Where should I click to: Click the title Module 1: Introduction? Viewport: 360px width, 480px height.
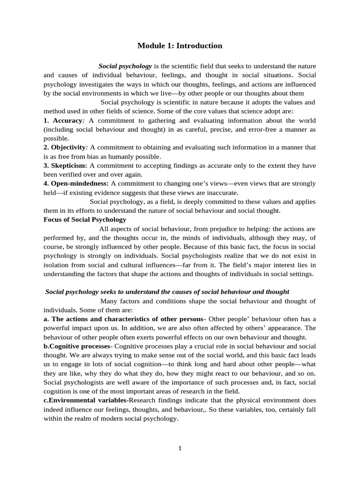coord(180,46)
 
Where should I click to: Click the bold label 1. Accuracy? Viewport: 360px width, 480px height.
coord(62,120)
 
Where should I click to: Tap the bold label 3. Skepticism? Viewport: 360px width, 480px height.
coord(66,165)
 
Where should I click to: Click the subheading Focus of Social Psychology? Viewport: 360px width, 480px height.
coord(85,219)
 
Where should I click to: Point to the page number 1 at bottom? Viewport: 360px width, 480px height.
coord(180,448)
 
